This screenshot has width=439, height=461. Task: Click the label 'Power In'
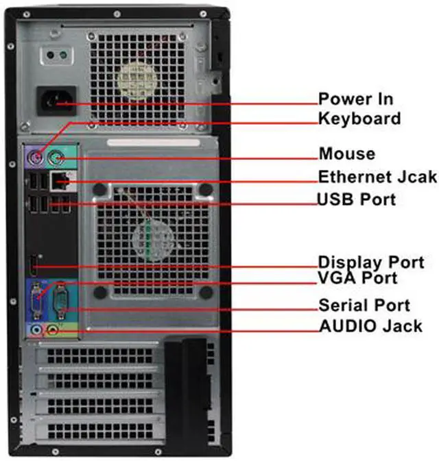tap(355, 98)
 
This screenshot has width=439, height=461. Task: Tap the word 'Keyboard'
tap(359, 119)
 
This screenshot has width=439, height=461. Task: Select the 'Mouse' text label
tap(347, 153)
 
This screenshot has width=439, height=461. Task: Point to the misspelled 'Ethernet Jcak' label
tap(377, 177)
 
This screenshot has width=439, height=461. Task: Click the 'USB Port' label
tap(356, 200)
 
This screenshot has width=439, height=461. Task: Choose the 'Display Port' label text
tap(370, 262)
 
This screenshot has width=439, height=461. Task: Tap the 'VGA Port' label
tap(357, 278)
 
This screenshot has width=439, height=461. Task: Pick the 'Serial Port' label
tap(364, 305)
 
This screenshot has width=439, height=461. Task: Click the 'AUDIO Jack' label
tap(370, 326)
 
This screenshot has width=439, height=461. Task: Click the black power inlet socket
tap(55, 102)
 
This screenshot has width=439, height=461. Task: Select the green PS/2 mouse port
tap(59, 159)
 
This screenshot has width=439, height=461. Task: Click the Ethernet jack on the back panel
tap(60, 181)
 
